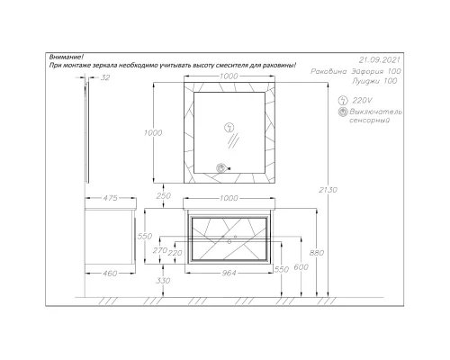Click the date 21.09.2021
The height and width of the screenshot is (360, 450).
[x=379, y=60]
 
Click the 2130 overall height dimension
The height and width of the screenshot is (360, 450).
[x=328, y=190]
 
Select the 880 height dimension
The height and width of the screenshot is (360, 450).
[x=317, y=253]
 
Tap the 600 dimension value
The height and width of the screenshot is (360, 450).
[x=301, y=266]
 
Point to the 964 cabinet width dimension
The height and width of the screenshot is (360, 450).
[x=229, y=273]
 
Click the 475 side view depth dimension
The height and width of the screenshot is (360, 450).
[x=111, y=198]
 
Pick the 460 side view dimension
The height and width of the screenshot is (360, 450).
[x=110, y=274]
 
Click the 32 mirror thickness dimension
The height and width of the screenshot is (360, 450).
[x=105, y=77]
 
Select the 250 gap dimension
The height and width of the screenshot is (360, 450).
[x=164, y=195]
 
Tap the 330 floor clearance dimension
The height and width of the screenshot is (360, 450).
[x=163, y=281]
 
